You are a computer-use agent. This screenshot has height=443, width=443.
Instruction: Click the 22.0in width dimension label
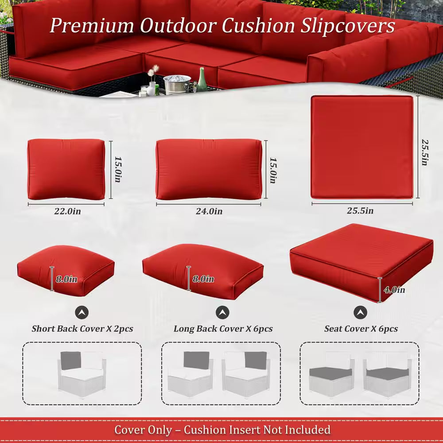[x=67, y=211]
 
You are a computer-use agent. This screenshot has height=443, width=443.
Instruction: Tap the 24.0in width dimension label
[x=209, y=211]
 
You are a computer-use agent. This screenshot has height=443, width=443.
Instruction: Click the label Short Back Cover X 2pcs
[x=82, y=329]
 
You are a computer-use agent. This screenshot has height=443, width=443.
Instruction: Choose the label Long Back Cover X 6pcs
[x=223, y=329]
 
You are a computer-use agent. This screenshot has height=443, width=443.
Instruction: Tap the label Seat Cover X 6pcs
[x=361, y=329]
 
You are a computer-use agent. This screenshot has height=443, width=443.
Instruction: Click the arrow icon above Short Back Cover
[x=82, y=313]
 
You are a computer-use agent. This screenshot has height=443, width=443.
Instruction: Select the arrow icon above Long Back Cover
[x=222, y=313]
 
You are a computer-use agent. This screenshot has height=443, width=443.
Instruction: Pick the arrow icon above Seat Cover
[x=360, y=313]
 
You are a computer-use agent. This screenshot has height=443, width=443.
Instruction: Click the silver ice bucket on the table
[x=177, y=83]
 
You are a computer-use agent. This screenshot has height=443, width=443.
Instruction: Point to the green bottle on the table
[x=202, y=80]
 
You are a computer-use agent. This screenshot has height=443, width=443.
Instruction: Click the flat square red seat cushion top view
[x=361, y=147]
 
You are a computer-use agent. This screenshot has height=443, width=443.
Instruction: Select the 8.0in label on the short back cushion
[x=66, y=279]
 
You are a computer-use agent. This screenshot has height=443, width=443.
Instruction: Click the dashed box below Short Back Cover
[x=82, y=373]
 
